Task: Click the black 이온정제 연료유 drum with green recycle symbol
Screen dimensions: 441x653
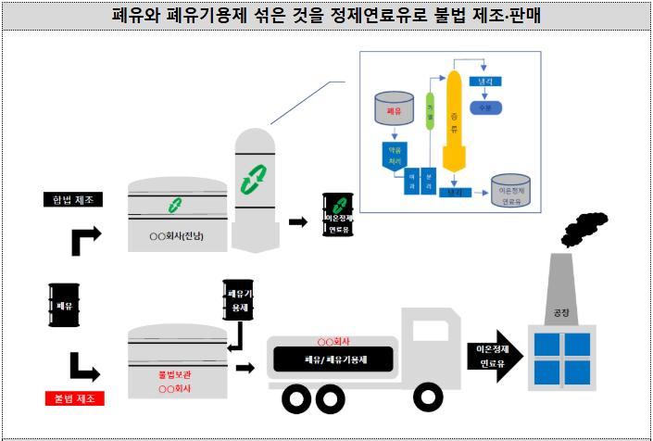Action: (336, 214)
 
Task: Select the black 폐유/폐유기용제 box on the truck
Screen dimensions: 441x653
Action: (332, 359)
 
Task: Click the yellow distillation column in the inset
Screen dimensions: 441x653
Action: (453, 121)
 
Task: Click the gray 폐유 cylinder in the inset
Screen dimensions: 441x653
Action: (396, 108)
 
